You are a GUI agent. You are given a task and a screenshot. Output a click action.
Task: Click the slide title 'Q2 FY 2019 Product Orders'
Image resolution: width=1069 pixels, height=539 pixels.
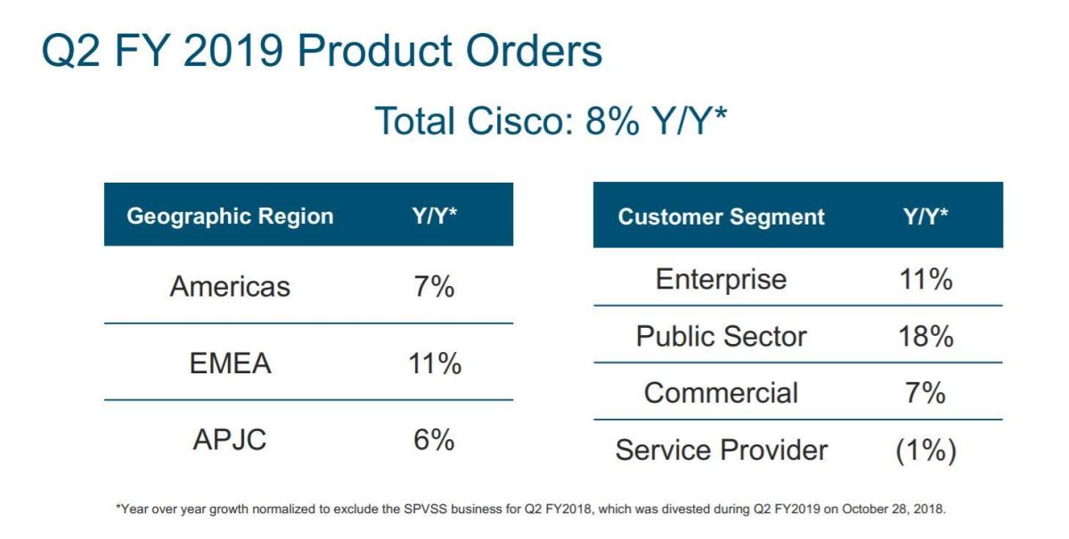[x=322, y=51]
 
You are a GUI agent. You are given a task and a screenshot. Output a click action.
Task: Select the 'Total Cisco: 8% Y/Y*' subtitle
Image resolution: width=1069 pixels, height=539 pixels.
[x=551, y=121]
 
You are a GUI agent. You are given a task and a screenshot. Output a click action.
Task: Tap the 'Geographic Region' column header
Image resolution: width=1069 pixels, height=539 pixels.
[x=230, y=216]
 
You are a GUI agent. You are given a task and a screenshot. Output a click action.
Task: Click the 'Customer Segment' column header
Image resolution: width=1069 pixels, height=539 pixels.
[x=721, y=216]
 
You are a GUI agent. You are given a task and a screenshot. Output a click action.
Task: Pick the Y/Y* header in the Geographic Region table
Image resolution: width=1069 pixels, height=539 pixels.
[x=435, y=216]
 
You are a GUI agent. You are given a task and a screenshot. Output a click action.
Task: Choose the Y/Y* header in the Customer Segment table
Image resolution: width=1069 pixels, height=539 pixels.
[x=926, y=216]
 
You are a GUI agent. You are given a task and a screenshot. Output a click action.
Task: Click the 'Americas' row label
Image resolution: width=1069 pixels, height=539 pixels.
[x=230, y=287]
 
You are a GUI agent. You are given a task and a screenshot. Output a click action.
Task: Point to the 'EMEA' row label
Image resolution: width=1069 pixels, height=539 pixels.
[x=230, y=363]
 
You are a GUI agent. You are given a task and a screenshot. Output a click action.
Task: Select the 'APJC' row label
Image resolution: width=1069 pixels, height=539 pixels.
[x=230, y=440]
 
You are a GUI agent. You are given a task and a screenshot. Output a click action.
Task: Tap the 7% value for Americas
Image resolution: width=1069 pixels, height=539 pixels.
[x=435, y=287]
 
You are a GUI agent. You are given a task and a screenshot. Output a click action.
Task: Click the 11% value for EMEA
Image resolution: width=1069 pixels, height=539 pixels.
[x=435, y=363]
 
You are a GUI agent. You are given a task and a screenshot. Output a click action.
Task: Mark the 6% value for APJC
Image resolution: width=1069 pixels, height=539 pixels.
[x=435, y=440]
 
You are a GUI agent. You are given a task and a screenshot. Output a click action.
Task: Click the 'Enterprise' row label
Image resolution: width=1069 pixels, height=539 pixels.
[x=721, y=280]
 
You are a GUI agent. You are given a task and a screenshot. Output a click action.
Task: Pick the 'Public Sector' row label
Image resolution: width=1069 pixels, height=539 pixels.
[x=721, y=337]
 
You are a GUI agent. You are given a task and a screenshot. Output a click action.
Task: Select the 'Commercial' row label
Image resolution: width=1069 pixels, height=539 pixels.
[x=721, y=393]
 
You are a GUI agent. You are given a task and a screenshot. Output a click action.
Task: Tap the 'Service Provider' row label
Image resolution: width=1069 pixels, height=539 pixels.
[x=721, y=450]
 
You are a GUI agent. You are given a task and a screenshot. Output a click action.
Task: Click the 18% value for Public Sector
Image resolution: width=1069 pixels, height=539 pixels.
[x=926, y=337]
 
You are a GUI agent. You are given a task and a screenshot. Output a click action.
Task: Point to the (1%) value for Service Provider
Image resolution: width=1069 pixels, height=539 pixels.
[x=926, y=451]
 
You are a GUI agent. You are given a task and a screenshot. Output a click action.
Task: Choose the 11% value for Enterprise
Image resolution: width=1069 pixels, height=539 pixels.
[x=926, y=280]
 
